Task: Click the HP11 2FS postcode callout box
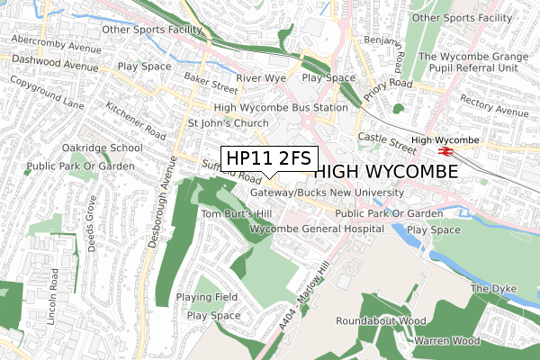click(x=268, y=157)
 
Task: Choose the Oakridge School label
click(x=102, y=148)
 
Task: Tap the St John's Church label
click(x=221, y=123)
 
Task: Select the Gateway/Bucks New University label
click(x=328, y=193)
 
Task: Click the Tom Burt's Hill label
click(x=237, y=214)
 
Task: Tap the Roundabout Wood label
click(x=381, y=320)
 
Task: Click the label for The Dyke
click(x=490, y=289)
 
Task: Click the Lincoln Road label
click(x=53, y=292)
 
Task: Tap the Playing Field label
click(x=207, y=297)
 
